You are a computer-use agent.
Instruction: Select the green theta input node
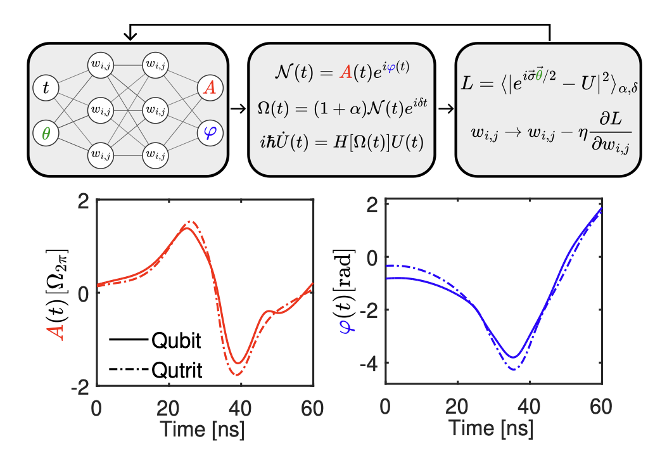45,134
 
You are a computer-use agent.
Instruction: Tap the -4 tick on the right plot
369,363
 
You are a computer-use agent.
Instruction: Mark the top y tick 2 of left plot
82,203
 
